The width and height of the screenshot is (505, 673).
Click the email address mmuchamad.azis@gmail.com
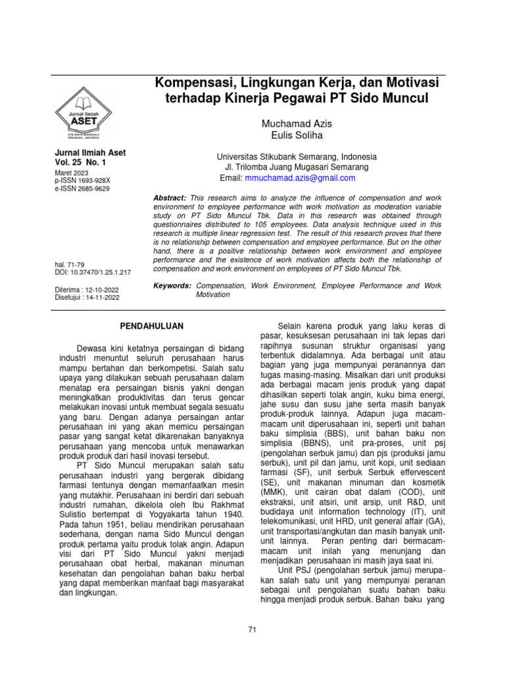(301, 178)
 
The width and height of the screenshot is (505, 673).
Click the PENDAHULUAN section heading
(153, 326)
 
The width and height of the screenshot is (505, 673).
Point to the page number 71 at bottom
(252, 630)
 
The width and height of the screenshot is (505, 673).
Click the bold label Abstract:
(170, 198)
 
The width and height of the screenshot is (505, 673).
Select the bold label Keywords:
(172, 286)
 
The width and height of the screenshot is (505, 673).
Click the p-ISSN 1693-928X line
(83, 179)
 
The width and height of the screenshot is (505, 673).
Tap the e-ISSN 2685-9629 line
(83, 188)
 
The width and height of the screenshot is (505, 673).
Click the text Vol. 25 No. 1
(81, 162)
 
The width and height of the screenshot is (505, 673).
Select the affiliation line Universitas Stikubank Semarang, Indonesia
(297, 157)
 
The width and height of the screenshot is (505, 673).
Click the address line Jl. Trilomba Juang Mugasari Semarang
(297, 168)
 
